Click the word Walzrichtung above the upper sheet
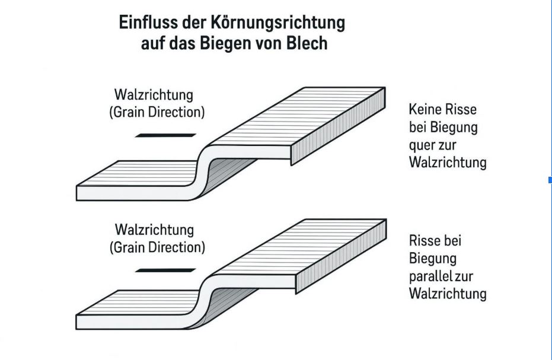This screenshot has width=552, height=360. coord(154,95)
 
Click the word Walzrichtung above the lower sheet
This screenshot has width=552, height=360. coord(154,230)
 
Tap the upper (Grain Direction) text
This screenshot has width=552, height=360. coord(157,111)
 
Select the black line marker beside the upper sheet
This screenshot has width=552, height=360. coord(165,135)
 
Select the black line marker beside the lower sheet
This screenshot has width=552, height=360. coord(165,270)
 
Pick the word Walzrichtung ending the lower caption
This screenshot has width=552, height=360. coord(448,294)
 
